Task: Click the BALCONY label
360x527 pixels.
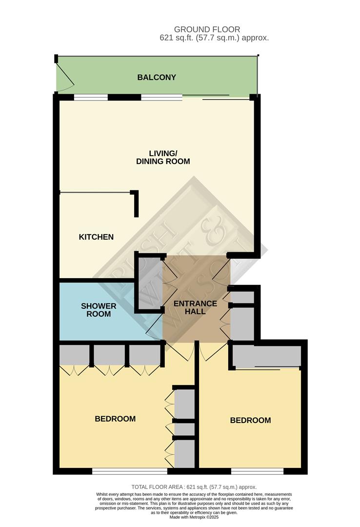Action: [x=157, y=78]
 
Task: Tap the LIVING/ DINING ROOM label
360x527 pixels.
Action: [x=162, y=157]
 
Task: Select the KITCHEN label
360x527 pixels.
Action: [x=96, y=237]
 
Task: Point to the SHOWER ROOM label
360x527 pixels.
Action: [x=99, y=310]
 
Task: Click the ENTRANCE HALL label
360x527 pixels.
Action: [x=196, y=307]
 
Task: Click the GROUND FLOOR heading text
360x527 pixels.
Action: [x=207, y=30]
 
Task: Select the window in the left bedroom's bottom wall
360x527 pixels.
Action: [x=129, y=471]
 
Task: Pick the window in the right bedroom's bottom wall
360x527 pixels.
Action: [x=257, y=471]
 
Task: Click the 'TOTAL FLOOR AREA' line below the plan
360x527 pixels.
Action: [x=194, y=487]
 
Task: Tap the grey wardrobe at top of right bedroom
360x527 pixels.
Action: [x=266, y=356]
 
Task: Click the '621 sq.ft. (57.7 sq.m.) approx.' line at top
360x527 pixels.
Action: [x=214, y=38]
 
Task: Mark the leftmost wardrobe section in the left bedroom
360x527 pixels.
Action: [x=74, y=355]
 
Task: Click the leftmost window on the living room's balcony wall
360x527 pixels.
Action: [x=90, y=97]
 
